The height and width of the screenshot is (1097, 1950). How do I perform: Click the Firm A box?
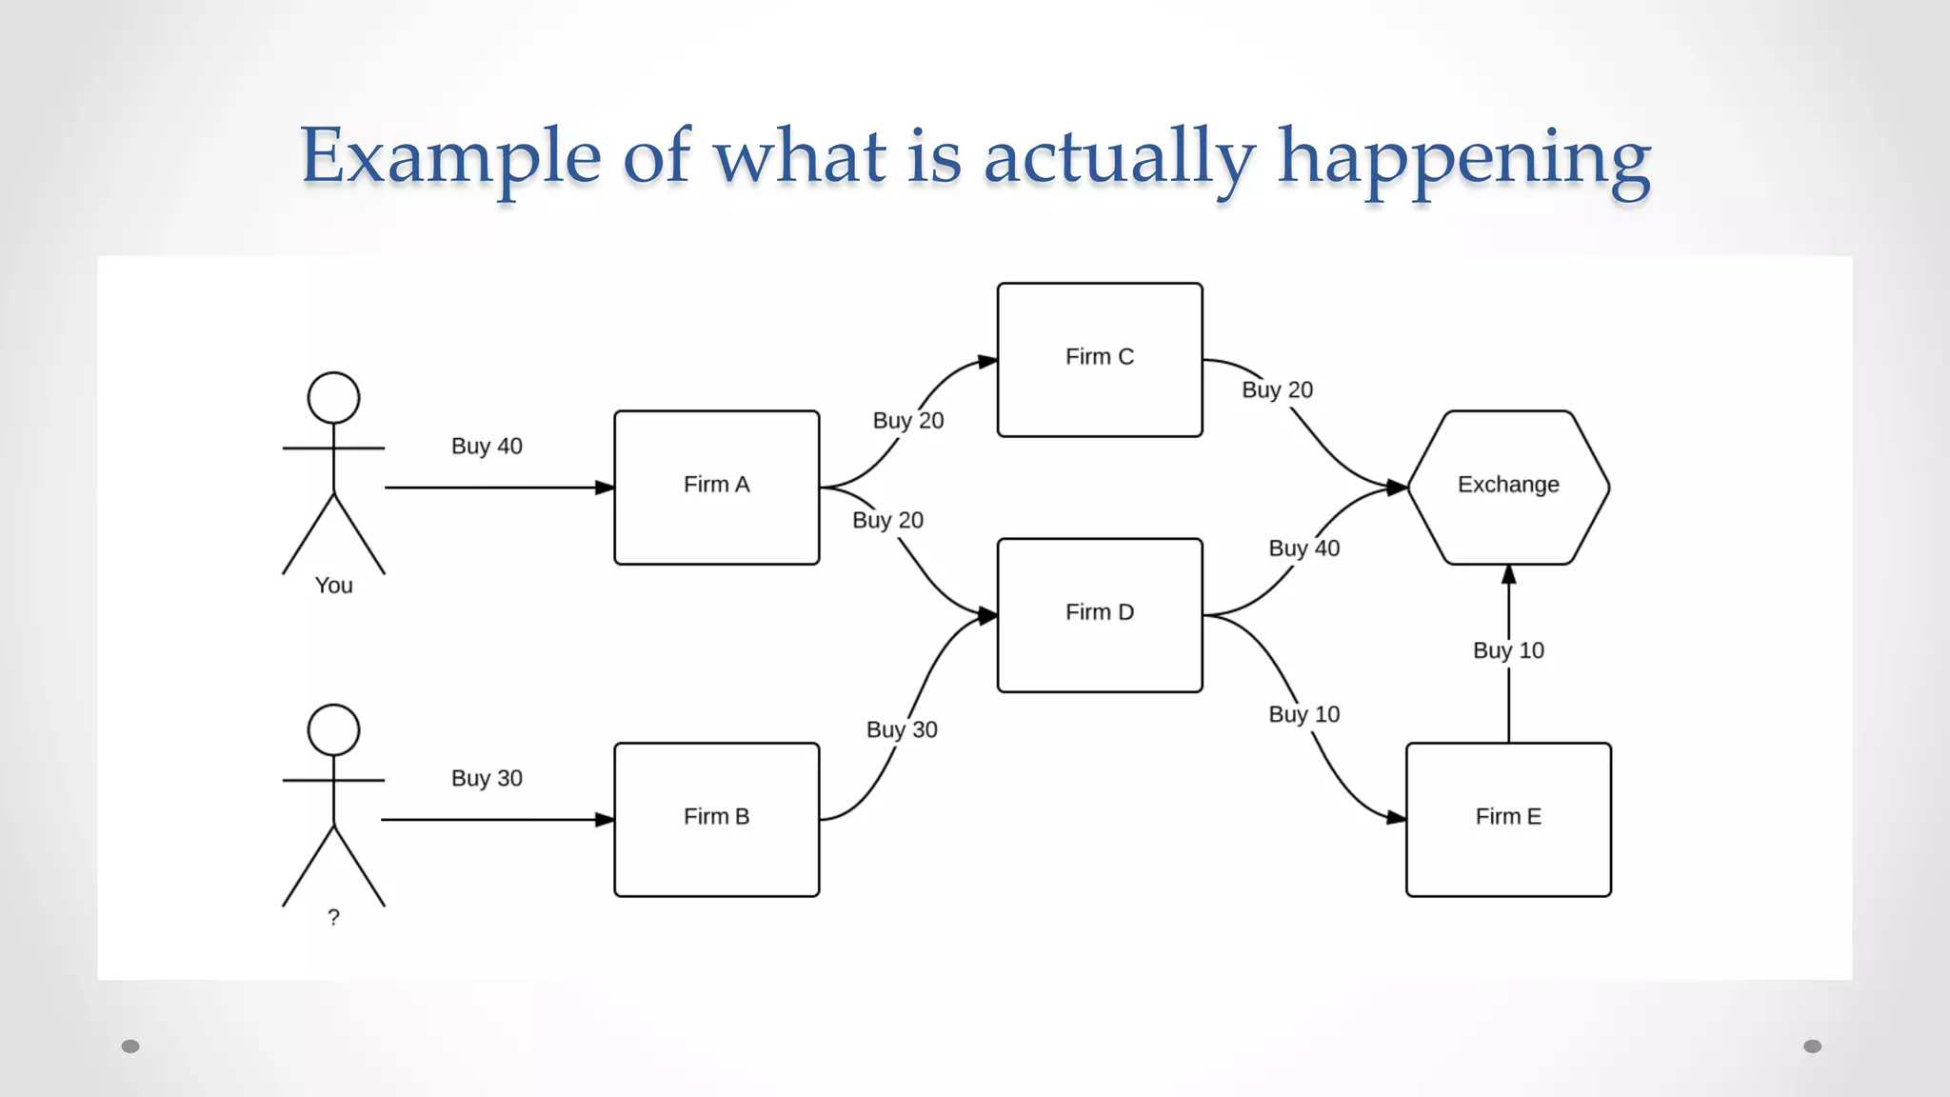pyautogui.click(x=716, y=487)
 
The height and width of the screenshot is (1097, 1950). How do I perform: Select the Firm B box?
pyautogui.click(x=716, y=819)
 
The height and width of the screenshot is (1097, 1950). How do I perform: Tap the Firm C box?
pyautogui.click(x=1100, y=359)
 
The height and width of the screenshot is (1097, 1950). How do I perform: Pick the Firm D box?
pyautogui.click(x=1100, y=614)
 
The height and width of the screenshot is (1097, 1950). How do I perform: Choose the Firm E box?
pyautogui.click(x=1508, y=819)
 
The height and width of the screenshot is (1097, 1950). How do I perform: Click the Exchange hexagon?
pyautogui.click(x=1508, y=487)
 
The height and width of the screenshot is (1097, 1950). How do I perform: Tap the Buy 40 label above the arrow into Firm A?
pyautogui.click(x=487, y=446)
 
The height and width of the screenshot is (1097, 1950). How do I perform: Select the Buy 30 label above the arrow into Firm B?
pyautogui.click(x=487, y=778)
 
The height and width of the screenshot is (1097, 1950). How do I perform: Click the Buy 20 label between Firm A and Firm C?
pyautogui.click(x=908, y=420)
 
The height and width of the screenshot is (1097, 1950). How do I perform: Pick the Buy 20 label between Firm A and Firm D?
pyautogui.click(x=887, y=520)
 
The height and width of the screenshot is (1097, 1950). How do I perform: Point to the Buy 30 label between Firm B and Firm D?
pyautogui.click(x=902, y=729)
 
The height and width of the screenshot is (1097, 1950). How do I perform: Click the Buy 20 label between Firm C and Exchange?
pyautogui.click(x=1277, y=389)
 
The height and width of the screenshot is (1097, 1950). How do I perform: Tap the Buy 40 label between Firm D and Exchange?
pyautogui.click(x=1303, y=548)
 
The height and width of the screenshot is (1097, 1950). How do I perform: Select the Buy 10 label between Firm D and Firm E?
pyautogui.click(x=1303, y=714)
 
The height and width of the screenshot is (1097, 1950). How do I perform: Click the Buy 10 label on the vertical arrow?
pyautogui.click(x=1508, y=650)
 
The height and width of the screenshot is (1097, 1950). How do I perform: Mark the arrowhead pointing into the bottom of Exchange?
pyautogui.click(x=1508, y=574)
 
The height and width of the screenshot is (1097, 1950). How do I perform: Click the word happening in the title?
pyautogui.click(x=1463, y=157)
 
